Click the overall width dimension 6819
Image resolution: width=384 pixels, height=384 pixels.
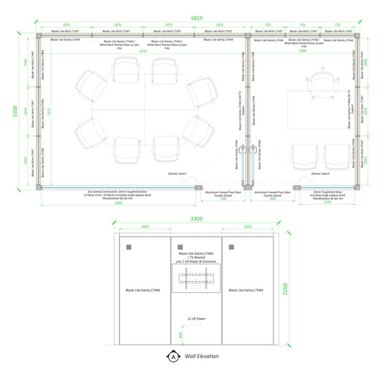tap(195, 16)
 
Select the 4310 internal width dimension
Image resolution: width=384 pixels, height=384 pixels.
tap(143, 51)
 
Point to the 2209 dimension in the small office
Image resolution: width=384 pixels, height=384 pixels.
tap(302, 51)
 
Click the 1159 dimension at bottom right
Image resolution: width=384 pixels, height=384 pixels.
tap(327, 203)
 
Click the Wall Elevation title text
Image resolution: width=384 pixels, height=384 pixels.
tap(201, 355)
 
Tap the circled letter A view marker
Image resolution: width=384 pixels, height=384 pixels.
tap(173, 355)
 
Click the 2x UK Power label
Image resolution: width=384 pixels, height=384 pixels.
tap(196, 318)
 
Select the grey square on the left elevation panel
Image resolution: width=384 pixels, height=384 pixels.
tap(129, 246)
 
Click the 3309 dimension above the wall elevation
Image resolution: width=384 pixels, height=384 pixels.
tap(196, 218)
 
